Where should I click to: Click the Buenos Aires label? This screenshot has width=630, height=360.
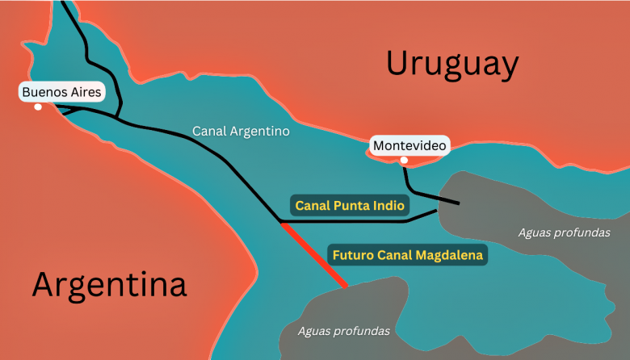pos(62,92)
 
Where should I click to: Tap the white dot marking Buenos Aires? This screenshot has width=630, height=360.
pos(37,107)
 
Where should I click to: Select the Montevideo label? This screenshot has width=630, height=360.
pos(409,146)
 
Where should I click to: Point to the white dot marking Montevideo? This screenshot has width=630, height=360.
pos(404,160)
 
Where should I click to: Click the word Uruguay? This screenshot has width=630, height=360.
pos(451,64)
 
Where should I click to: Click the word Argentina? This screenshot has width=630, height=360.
pos(109,285)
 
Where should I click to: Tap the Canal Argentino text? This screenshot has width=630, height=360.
pos(240,130)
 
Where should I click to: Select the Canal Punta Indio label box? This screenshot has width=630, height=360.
pos(350,206)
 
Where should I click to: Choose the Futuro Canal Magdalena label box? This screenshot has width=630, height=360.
pos(407,256)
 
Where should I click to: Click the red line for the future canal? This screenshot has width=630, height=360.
pos(314,254)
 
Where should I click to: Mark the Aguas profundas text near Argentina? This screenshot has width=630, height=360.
pos(343,331)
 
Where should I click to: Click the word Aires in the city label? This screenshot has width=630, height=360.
pos(85,92)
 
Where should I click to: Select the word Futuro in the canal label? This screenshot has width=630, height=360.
pos(353,256)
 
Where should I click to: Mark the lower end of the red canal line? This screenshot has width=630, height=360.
pos(346,285)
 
